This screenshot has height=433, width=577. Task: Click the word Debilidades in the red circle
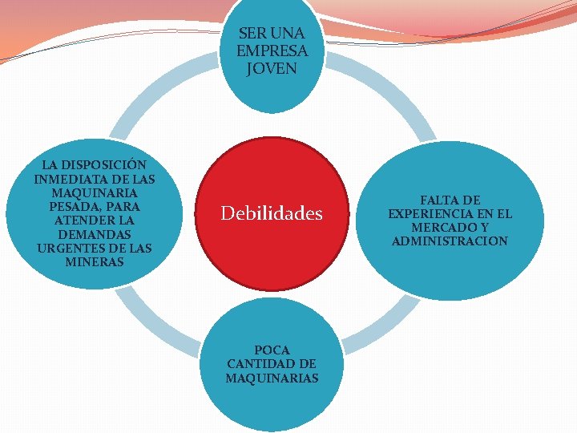tap(272, 214)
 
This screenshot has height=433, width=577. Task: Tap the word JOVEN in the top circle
tap(272, 68)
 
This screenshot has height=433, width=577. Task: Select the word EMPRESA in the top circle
tap(272, 51)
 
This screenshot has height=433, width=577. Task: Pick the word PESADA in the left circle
tap(77, 207)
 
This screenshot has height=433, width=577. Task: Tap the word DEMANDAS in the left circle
tap(95, 234)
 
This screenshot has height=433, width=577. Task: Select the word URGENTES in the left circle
tap(67, 248)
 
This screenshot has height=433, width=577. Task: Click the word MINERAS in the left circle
tap(95, 261)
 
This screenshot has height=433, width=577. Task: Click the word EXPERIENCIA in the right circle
tap(433, 214)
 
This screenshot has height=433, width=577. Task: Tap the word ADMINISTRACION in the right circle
tap(450, 241)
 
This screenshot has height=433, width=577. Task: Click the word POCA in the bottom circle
tap(272, 350)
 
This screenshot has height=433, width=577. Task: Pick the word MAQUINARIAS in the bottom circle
tap(272, 378)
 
